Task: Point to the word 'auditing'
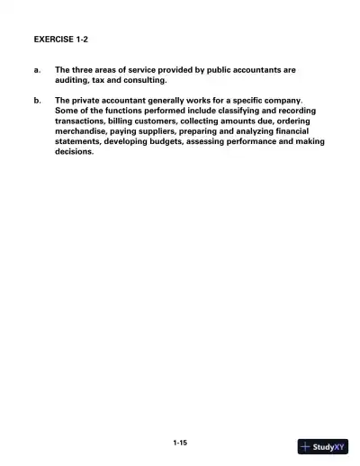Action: coord(75,79)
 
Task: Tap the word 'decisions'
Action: coord(74,152)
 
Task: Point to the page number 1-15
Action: coord(180,442)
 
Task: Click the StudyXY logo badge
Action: coord(322,446)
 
